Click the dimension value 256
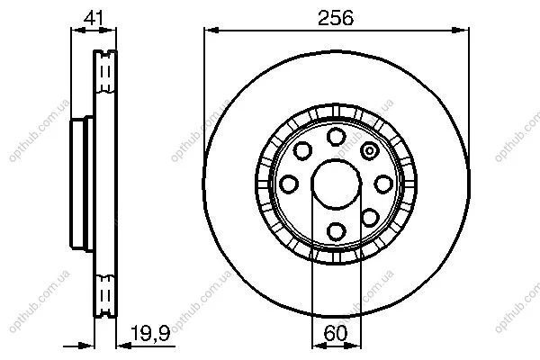(336, 18)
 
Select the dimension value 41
(94, 18)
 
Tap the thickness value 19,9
(150, 333)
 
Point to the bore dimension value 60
(336, 333)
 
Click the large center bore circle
(336, 184)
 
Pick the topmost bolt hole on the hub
(336, 136)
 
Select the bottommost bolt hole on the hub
(336, 231)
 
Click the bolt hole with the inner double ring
(370, 151)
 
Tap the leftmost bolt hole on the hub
(289, 184)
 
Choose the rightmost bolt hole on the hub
(383, 184)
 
